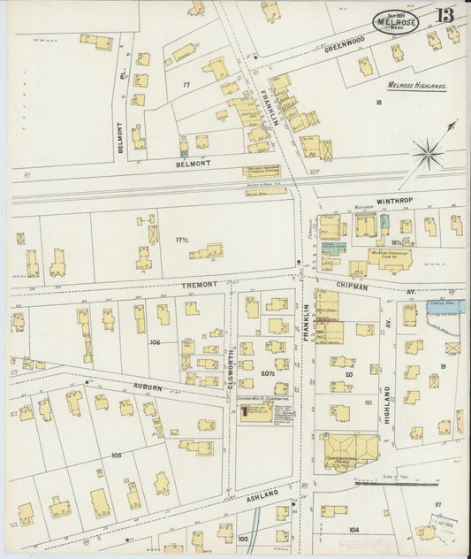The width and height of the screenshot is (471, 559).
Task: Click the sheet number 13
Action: click(444, 14)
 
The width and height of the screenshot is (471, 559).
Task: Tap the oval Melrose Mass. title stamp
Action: click(396, 21)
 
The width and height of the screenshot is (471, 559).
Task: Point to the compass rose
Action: click(429, 155)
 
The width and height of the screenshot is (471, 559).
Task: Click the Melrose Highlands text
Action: click(417, 86)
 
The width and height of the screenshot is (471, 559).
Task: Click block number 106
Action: click(155, 342)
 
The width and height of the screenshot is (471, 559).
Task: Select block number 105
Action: click(115, 455)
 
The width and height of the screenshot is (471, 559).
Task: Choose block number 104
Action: click(353, 528)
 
